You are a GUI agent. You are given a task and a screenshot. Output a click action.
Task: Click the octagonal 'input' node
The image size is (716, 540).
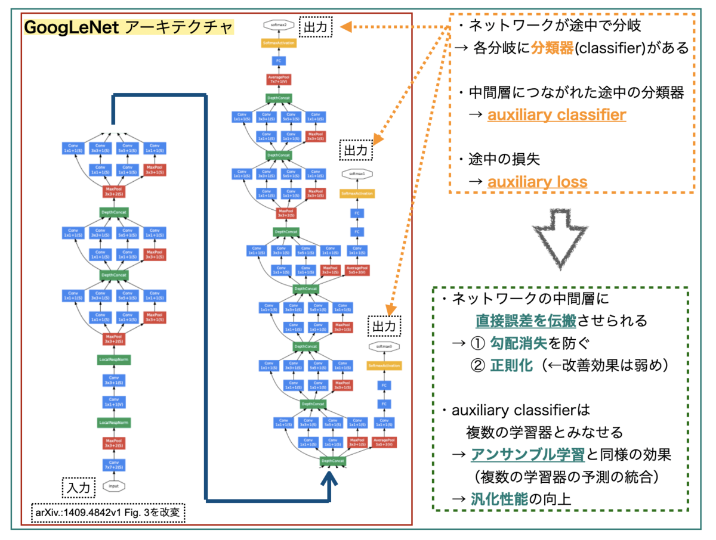pyautogui.click(x=113, y=486)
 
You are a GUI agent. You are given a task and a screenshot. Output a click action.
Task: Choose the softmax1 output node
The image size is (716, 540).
pyautogui.click(x=356, y=173)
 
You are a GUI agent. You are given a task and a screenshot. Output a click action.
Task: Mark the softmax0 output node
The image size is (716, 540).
pyautogui.click(x=384, y=346)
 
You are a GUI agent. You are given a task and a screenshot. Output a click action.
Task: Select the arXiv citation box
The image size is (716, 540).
pyautogui.click(x=107, y=512)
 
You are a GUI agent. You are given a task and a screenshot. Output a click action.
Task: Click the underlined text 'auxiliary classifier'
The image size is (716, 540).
pyautogui.click(x=557, y=114)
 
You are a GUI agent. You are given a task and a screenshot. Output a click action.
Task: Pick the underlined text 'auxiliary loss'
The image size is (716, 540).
pyautogui.click(x=537, y=182)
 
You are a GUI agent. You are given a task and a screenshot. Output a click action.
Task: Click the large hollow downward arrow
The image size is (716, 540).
pyautogui.click(x=562, y=238)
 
